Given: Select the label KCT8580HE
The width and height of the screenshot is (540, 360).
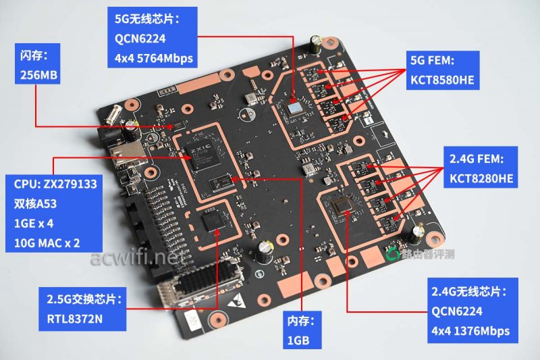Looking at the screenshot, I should (442, 79).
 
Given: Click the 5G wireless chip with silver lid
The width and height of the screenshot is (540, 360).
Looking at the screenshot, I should (294, 106).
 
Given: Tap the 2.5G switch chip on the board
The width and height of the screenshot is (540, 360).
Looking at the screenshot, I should (217, 226).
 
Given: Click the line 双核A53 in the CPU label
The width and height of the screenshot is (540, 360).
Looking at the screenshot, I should (37, 203).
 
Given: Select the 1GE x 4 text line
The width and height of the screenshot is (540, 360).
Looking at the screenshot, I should (38, 222).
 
